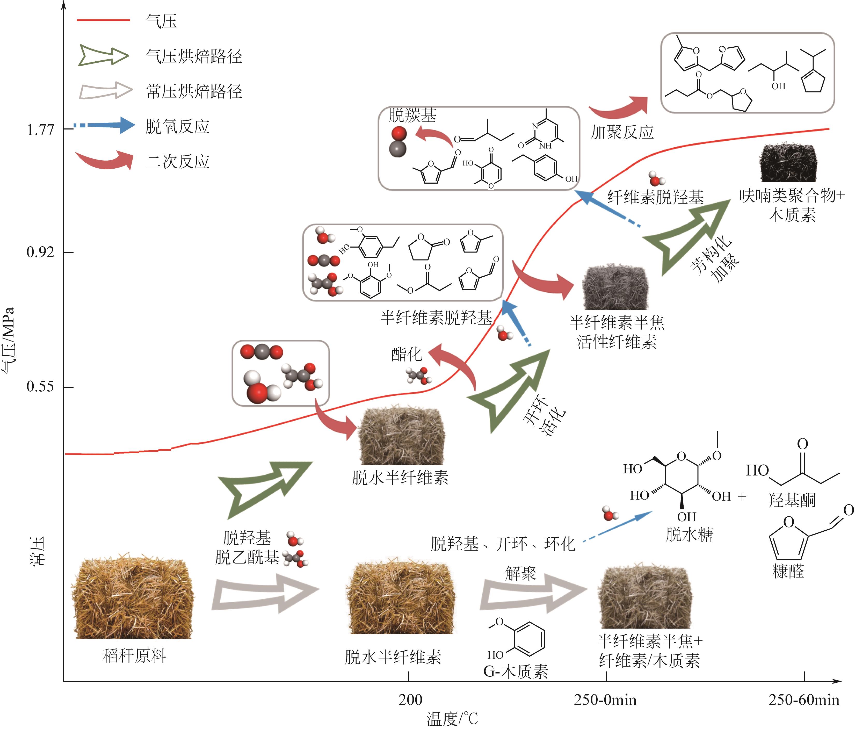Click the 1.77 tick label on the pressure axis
tap(40, 130)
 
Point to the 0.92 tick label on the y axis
tap(40, 252)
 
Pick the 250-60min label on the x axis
tap(804, 700)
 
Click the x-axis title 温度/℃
tap(452, 719)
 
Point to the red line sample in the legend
tap(103, 20)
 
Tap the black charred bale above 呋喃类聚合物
tap(788, 163)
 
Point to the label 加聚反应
tap(622, 132)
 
